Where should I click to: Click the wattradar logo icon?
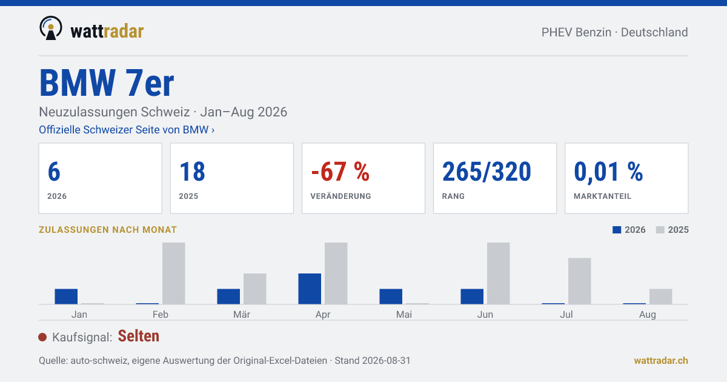click(51, 28)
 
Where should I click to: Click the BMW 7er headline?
click(107, 83)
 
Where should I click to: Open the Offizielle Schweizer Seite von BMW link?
click(127, 130)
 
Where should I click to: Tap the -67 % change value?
click(340, 172)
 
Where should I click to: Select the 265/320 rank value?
click(486, 172)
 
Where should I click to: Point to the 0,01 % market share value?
click(608, 172)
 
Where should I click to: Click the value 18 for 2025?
click(192, 172)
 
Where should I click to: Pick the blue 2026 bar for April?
click(310, 289)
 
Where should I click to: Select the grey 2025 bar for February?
click(174, 273)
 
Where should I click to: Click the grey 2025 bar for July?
click(579, 281)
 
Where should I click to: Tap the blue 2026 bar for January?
click(66, 297)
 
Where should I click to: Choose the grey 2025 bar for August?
click(660, 297)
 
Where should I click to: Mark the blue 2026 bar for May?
click(391, 297)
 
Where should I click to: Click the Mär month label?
click(242, 315)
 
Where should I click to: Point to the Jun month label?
click(485, 315)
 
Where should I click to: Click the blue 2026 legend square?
click(617, 230)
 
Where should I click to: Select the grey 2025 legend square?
click(660, 230)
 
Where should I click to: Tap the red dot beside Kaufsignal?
click(42, 337)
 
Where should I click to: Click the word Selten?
click(139, 336)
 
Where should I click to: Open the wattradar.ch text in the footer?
click(661, 361)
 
